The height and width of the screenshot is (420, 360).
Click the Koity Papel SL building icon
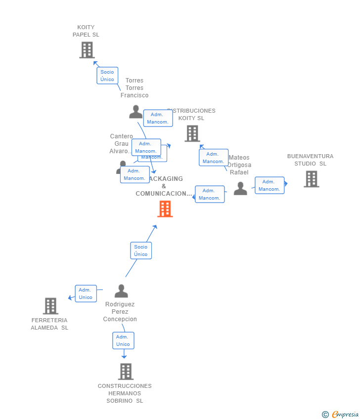(87, 50)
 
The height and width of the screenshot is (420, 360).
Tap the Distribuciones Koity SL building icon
(192, 133)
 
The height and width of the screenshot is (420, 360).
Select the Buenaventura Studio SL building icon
(311, 179)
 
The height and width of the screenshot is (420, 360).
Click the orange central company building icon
(165, 209)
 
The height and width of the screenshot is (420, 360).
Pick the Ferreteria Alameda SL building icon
(50, 306)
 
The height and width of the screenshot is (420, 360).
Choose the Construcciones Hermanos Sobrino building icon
(126, 372)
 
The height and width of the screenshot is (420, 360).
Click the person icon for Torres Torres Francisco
(135, 112)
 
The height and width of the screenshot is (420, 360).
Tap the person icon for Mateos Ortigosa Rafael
(240, 189)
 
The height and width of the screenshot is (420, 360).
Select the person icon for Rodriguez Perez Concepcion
(121, 291)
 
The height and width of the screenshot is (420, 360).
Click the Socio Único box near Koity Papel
(107, 76)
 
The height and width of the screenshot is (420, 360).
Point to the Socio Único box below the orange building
(141, 251)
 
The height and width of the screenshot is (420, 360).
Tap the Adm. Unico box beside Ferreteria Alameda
(86, 294)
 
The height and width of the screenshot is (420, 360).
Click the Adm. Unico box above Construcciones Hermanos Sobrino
(123, 340)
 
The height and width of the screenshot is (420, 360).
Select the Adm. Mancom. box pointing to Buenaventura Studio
(270, 185)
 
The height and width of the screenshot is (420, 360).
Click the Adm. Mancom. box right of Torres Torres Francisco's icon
(158, 118)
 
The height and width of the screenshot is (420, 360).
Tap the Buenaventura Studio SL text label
(310, 160)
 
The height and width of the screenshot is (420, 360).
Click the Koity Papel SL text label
(86, 31)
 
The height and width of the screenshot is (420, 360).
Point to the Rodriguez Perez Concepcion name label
(120, 312)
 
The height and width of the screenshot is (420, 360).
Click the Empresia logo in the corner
(340, 415)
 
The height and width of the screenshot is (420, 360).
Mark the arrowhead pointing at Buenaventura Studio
(285, 184)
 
